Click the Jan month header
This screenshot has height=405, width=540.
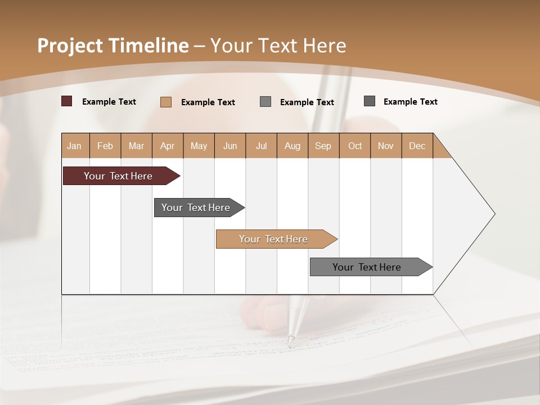point(74,146)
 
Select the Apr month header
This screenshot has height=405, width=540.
point(167,146)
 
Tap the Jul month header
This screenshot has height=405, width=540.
point(261,146)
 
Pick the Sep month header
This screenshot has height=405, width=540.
point(323,146)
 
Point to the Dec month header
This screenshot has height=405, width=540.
point(417,146)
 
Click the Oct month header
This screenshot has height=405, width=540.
point(354,146)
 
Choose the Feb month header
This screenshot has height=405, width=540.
point(105,146)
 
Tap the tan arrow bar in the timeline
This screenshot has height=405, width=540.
point(274,239)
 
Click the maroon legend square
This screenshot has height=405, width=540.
point(67,101)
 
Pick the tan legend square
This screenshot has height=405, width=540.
point(166,102)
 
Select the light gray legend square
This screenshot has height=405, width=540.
point(265,102)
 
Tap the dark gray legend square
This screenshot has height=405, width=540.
point(370,101)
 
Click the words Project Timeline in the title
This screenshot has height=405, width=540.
point(112,46)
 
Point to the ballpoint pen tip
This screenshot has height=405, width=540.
point(291,341)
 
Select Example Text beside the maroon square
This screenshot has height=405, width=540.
point(109,102)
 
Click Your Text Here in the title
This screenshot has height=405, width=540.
point(278,46)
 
